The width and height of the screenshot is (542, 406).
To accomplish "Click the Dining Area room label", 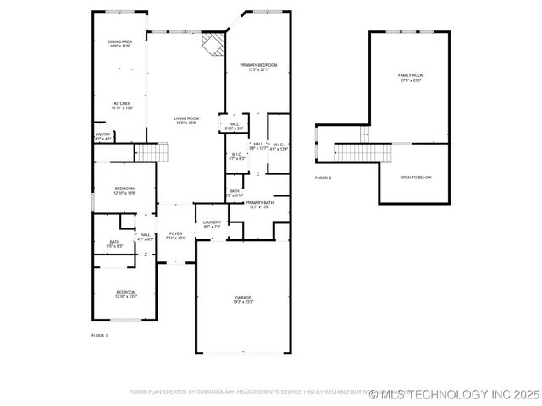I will coord(119,44).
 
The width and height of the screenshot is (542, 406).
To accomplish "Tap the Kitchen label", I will coord(123,106).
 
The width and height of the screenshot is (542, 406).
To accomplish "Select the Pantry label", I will coord(102,136).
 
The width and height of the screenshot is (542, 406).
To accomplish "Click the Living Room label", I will coord(186,121).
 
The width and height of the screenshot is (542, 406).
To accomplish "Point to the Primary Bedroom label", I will coord(258,68).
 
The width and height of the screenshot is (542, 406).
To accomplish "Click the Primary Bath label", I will coord(259,205).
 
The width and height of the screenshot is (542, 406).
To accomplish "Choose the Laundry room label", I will coord(212,224).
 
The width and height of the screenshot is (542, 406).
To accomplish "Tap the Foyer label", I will coord(175,236).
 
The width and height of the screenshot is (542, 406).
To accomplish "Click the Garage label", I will coord(244,299).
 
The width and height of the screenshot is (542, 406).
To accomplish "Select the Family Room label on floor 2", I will coord(411,78).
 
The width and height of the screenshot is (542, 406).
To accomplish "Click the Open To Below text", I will coord(416,178).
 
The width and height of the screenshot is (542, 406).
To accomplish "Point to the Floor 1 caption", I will coord(99,336).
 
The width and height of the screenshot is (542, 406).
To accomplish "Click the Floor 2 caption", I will coord(323,178).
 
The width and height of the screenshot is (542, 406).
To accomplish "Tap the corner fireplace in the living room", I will coord(213,44).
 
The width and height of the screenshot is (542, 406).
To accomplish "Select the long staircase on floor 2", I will coord(363,152).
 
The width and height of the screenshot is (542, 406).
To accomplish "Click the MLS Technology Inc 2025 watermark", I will coord(454,394).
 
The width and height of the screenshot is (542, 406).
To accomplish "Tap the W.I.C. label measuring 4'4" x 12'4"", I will coord(279,147).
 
